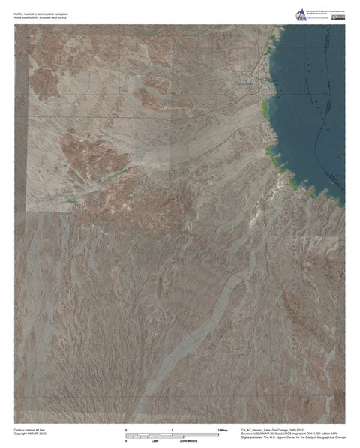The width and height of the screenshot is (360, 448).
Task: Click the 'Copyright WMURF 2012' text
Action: [x=30, y=433]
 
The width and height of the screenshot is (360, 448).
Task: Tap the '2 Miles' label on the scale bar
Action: [x=222, y=428]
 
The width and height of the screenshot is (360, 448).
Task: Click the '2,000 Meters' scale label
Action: [x=177, y=442]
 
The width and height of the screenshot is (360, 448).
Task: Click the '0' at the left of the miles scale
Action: [x=126, y=428]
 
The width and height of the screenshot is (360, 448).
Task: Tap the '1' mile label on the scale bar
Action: [x=172, y=428]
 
